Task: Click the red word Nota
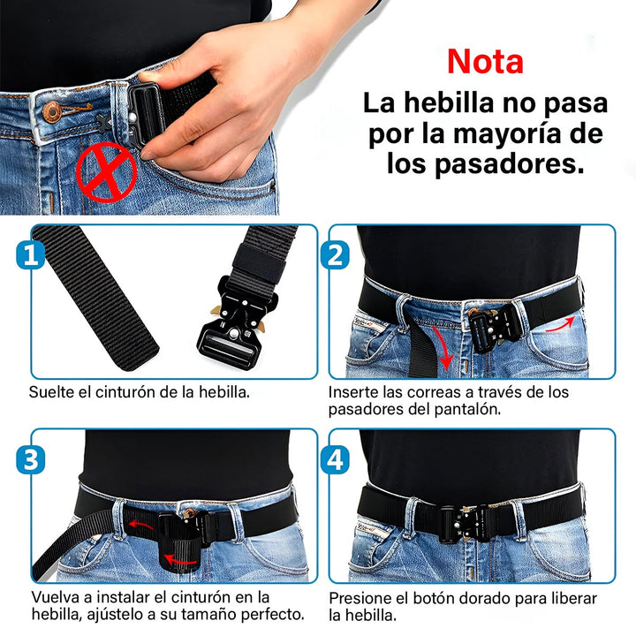pos(485,61)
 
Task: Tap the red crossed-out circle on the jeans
pos(106,170)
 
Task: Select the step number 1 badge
pos(31,257)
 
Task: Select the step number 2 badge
pos(336,256)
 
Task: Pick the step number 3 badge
pos(31,459)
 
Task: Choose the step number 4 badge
pos(336,459)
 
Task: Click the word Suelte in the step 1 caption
pos(50,390)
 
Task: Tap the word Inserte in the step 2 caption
pos(354,390)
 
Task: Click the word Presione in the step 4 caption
pos(361,597)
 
